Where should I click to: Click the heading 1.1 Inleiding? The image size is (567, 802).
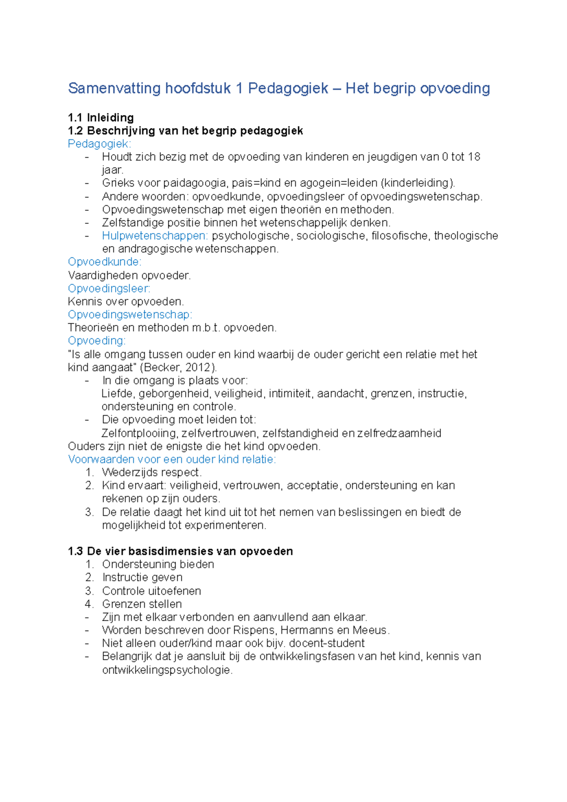(x=101, y=118)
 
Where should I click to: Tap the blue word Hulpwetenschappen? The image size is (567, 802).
(x=155, y=236)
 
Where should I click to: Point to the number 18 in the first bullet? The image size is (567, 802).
(x=473, y=157)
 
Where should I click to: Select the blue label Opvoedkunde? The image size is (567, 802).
(x=104, y=262)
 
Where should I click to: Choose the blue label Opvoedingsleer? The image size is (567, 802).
(x=109, y=289)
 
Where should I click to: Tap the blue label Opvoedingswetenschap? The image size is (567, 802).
(x=130, y=315)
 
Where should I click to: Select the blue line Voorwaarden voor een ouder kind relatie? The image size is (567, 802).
(x=172, y=460)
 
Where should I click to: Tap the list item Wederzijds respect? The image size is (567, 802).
(x=152, y=472)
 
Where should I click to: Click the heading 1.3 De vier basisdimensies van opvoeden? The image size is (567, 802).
(x=180, y=551)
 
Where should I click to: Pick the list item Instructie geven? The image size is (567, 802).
(x=142, y=578)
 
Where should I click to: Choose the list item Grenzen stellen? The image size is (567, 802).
(x=142, y=604)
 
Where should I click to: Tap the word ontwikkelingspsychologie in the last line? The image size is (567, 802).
(x=167, y=670)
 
